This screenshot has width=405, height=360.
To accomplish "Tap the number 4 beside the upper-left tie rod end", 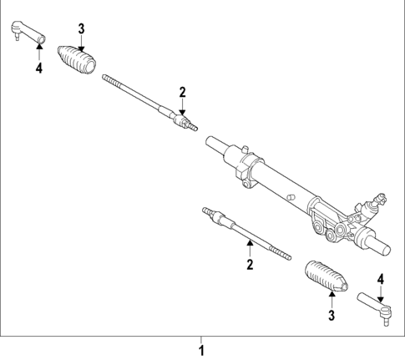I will pyautogui.click(x=38, y=68).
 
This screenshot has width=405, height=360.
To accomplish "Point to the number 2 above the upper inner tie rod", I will pyautogui.click(x=180, y=91).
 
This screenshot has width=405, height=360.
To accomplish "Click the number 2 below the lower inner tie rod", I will pyautogui.click(x=249, y=265).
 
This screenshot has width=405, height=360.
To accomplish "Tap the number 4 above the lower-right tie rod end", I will pyautogui.click(x=380, y=279).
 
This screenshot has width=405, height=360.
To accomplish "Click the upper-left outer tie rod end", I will pyautogui.click(x=28, y=33).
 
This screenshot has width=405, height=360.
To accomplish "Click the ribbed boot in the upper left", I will pyautogui.click(x=78, y=60).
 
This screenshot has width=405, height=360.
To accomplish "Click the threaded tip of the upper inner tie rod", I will pyautogui.click(x=109, y=79).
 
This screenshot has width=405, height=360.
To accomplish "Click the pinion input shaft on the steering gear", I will pyautogui.click(x=377, y=200).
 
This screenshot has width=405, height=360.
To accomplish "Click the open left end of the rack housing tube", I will pyautogui.click(x=215, y=145).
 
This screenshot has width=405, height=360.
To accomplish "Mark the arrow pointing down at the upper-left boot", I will pyautogui.click(x=81, y=43).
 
